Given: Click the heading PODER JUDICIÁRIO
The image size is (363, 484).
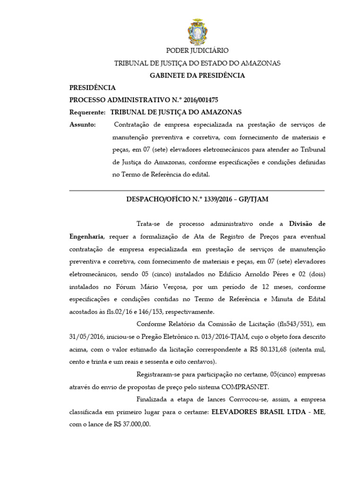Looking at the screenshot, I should coord(197,51).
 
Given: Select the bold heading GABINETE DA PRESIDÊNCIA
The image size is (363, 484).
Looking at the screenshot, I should coord(197,75).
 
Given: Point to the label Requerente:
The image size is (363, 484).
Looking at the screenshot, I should coord(87,112).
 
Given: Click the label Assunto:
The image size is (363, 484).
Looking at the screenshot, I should coord(83,125).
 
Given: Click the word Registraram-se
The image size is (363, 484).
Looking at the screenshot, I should coord(158,374).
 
